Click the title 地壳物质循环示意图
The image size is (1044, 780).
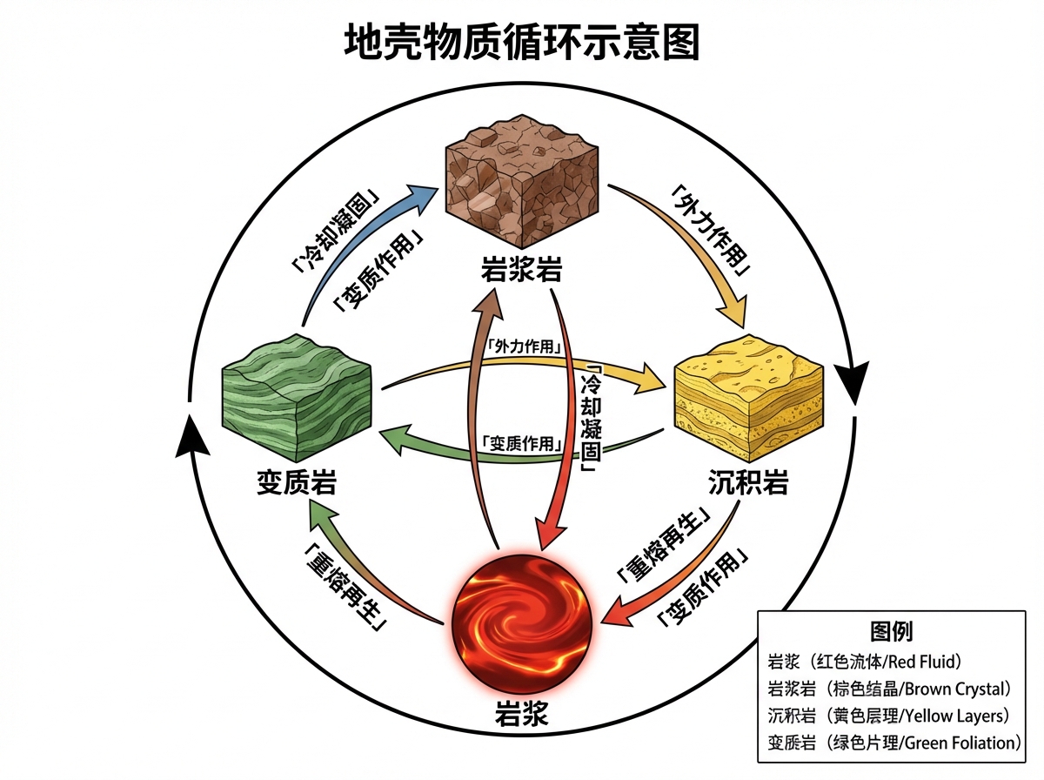coord(522,42)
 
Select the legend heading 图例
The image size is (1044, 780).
coord(891,631)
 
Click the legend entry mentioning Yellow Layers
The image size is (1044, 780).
coord(888,716)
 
